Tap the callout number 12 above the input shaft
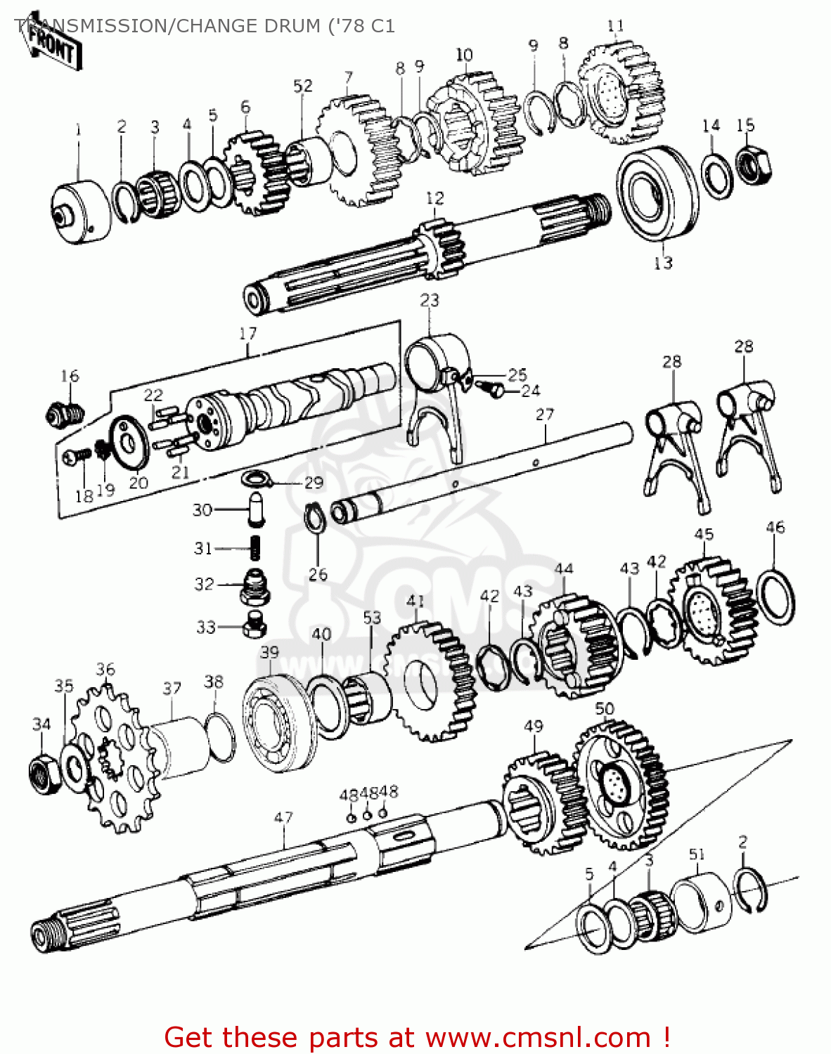point(434,198)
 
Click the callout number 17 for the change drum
point(248,333)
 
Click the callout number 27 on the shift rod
point(545,415)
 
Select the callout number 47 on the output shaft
point(283,818)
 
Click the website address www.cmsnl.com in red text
point(538,1037)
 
